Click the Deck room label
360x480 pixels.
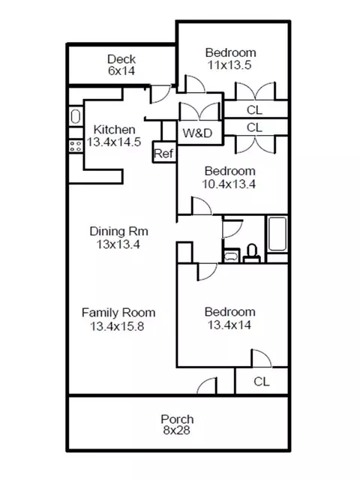(x=121, y=58)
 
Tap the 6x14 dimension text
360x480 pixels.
(x=121, y=70)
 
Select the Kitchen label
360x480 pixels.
(x=114, y=130)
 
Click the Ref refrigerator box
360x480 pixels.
(x=164, y=152)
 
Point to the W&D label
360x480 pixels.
(x=197, y=133)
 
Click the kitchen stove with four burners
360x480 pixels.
(x=76, y=145)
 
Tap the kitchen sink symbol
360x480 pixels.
(x=76, y=116)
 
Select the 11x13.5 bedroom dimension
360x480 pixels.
(x=229, y=65)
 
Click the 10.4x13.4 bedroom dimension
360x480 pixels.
(x=229, y=184)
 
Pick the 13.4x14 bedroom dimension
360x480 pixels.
(x=229, y=325)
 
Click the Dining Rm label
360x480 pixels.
(x=118, y=231)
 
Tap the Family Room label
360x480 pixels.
(x=118, y=313)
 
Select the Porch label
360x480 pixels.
(x=177, y=418)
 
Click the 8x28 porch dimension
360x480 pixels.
(x=177, y=430)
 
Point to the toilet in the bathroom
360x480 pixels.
(x=252, y=253)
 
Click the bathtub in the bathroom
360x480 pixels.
(x=277, y=234)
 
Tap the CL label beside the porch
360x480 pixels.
(x=262, y=382)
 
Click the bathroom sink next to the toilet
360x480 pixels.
(x=232, y=256)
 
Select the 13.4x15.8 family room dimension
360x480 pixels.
(x=117, y=326)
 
